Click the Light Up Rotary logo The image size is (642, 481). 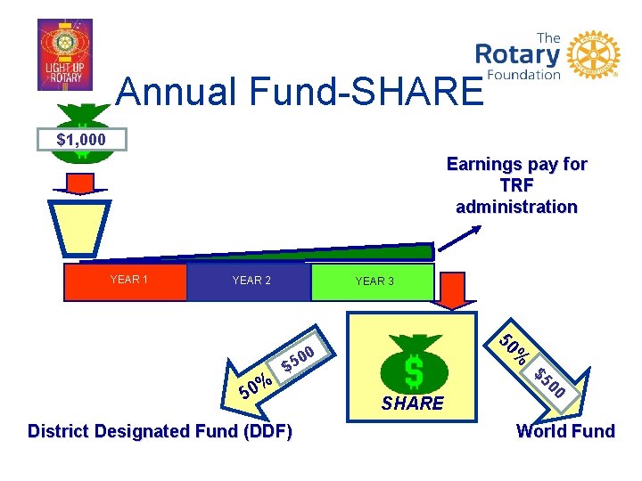click(x=64, y=54)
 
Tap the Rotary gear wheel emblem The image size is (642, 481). click(x=593, y=54)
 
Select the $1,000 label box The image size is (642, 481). click(x=81, y=140)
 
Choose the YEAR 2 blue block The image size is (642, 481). click(x=251, y=281)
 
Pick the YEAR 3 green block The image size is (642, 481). click(x=374, y=282)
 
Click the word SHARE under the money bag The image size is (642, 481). click(x=412, y=404)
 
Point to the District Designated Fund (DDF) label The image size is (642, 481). click(x=160, y=432)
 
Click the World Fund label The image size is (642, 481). click(x=565, y=432)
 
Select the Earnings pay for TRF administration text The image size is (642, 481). click(x=516, y=185)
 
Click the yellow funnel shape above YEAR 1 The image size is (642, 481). click(x=79, y=228)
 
